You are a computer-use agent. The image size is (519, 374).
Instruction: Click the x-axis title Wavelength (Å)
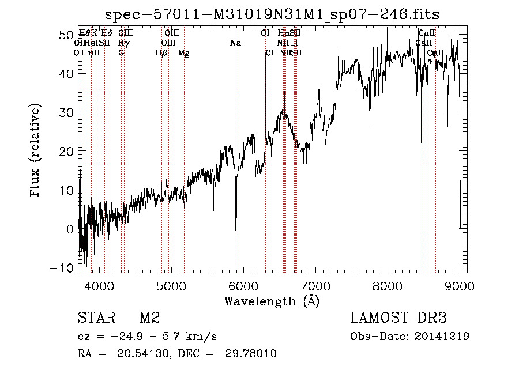click(x=272, y=301)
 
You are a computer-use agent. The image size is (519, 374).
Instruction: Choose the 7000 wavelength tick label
click(x=315, y=285)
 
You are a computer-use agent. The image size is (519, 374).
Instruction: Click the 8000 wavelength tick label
click(x=387, y=285)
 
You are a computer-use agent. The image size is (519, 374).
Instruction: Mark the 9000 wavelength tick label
click(x=459, y=285)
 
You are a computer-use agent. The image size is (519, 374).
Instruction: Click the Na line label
click(x=235, y=43)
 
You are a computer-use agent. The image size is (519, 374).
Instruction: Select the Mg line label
click(x=184, y=53)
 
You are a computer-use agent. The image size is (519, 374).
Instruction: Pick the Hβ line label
click(x=161, y=53)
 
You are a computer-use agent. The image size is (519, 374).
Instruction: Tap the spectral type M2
click(x=149, y=319)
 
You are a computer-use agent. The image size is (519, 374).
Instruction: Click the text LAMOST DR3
click(x=398, y=319)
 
